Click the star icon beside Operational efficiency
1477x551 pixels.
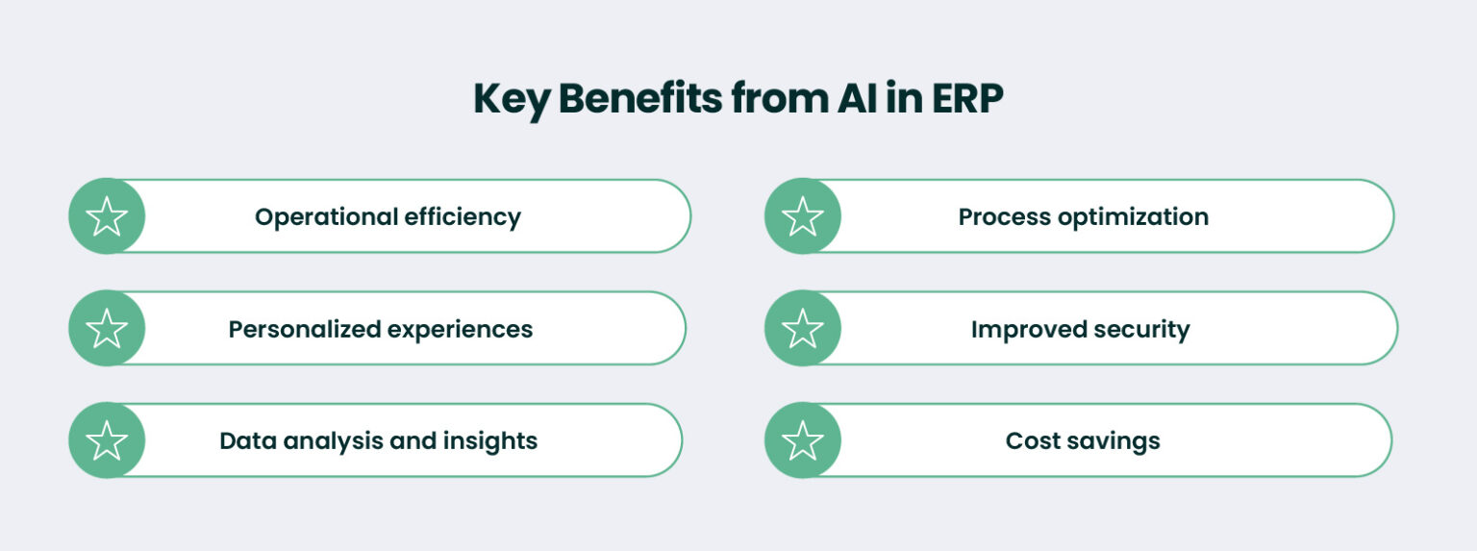(107, 216)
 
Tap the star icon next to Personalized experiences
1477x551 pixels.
(107, 329)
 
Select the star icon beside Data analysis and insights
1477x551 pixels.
(107, 440)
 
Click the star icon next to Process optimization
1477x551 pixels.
(803, 216)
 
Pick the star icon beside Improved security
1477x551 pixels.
(803, 329)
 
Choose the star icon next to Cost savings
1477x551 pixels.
(803, 440)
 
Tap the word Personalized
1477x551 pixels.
(304, 330)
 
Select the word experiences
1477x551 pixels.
(460, 330)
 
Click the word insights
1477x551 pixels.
(489, 441)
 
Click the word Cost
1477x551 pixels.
(1032, 441)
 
